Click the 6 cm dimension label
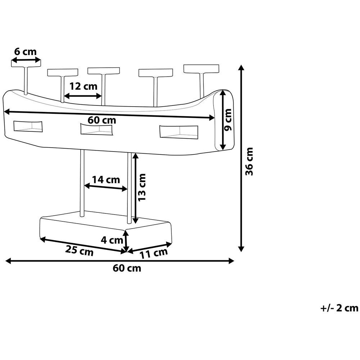25,51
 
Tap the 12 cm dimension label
84,86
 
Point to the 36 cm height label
249,161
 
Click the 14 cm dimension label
106,179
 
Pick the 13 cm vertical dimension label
142,187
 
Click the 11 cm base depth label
154,253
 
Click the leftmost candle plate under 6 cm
26,63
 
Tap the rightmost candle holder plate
201,68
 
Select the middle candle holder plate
104,70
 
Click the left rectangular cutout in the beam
28,126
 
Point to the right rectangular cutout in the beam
179,132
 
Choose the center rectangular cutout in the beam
98,129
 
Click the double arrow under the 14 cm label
106,187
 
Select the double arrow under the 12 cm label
83,96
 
